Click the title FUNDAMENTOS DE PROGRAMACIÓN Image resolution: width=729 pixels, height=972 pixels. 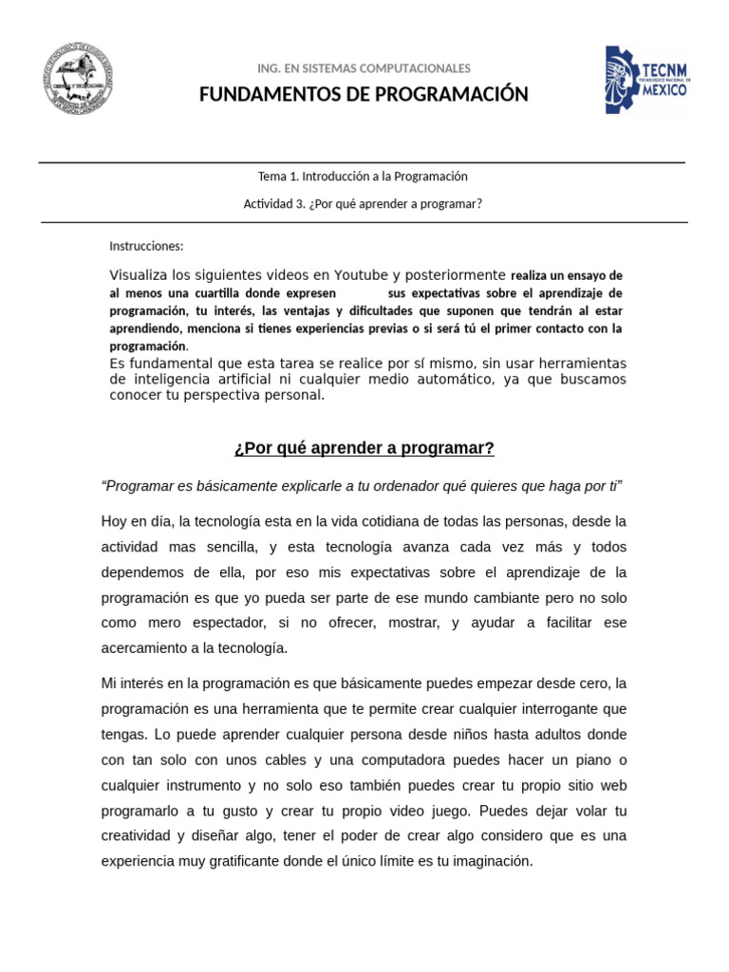click(364, 94)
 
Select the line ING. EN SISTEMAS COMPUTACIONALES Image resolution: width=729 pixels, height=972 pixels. click(364, 68)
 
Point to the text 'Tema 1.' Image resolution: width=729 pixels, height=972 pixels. click(278, 176)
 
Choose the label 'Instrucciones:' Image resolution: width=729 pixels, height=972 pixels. click(146, 247)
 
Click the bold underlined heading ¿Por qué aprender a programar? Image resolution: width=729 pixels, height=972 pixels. click(364, 448)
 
